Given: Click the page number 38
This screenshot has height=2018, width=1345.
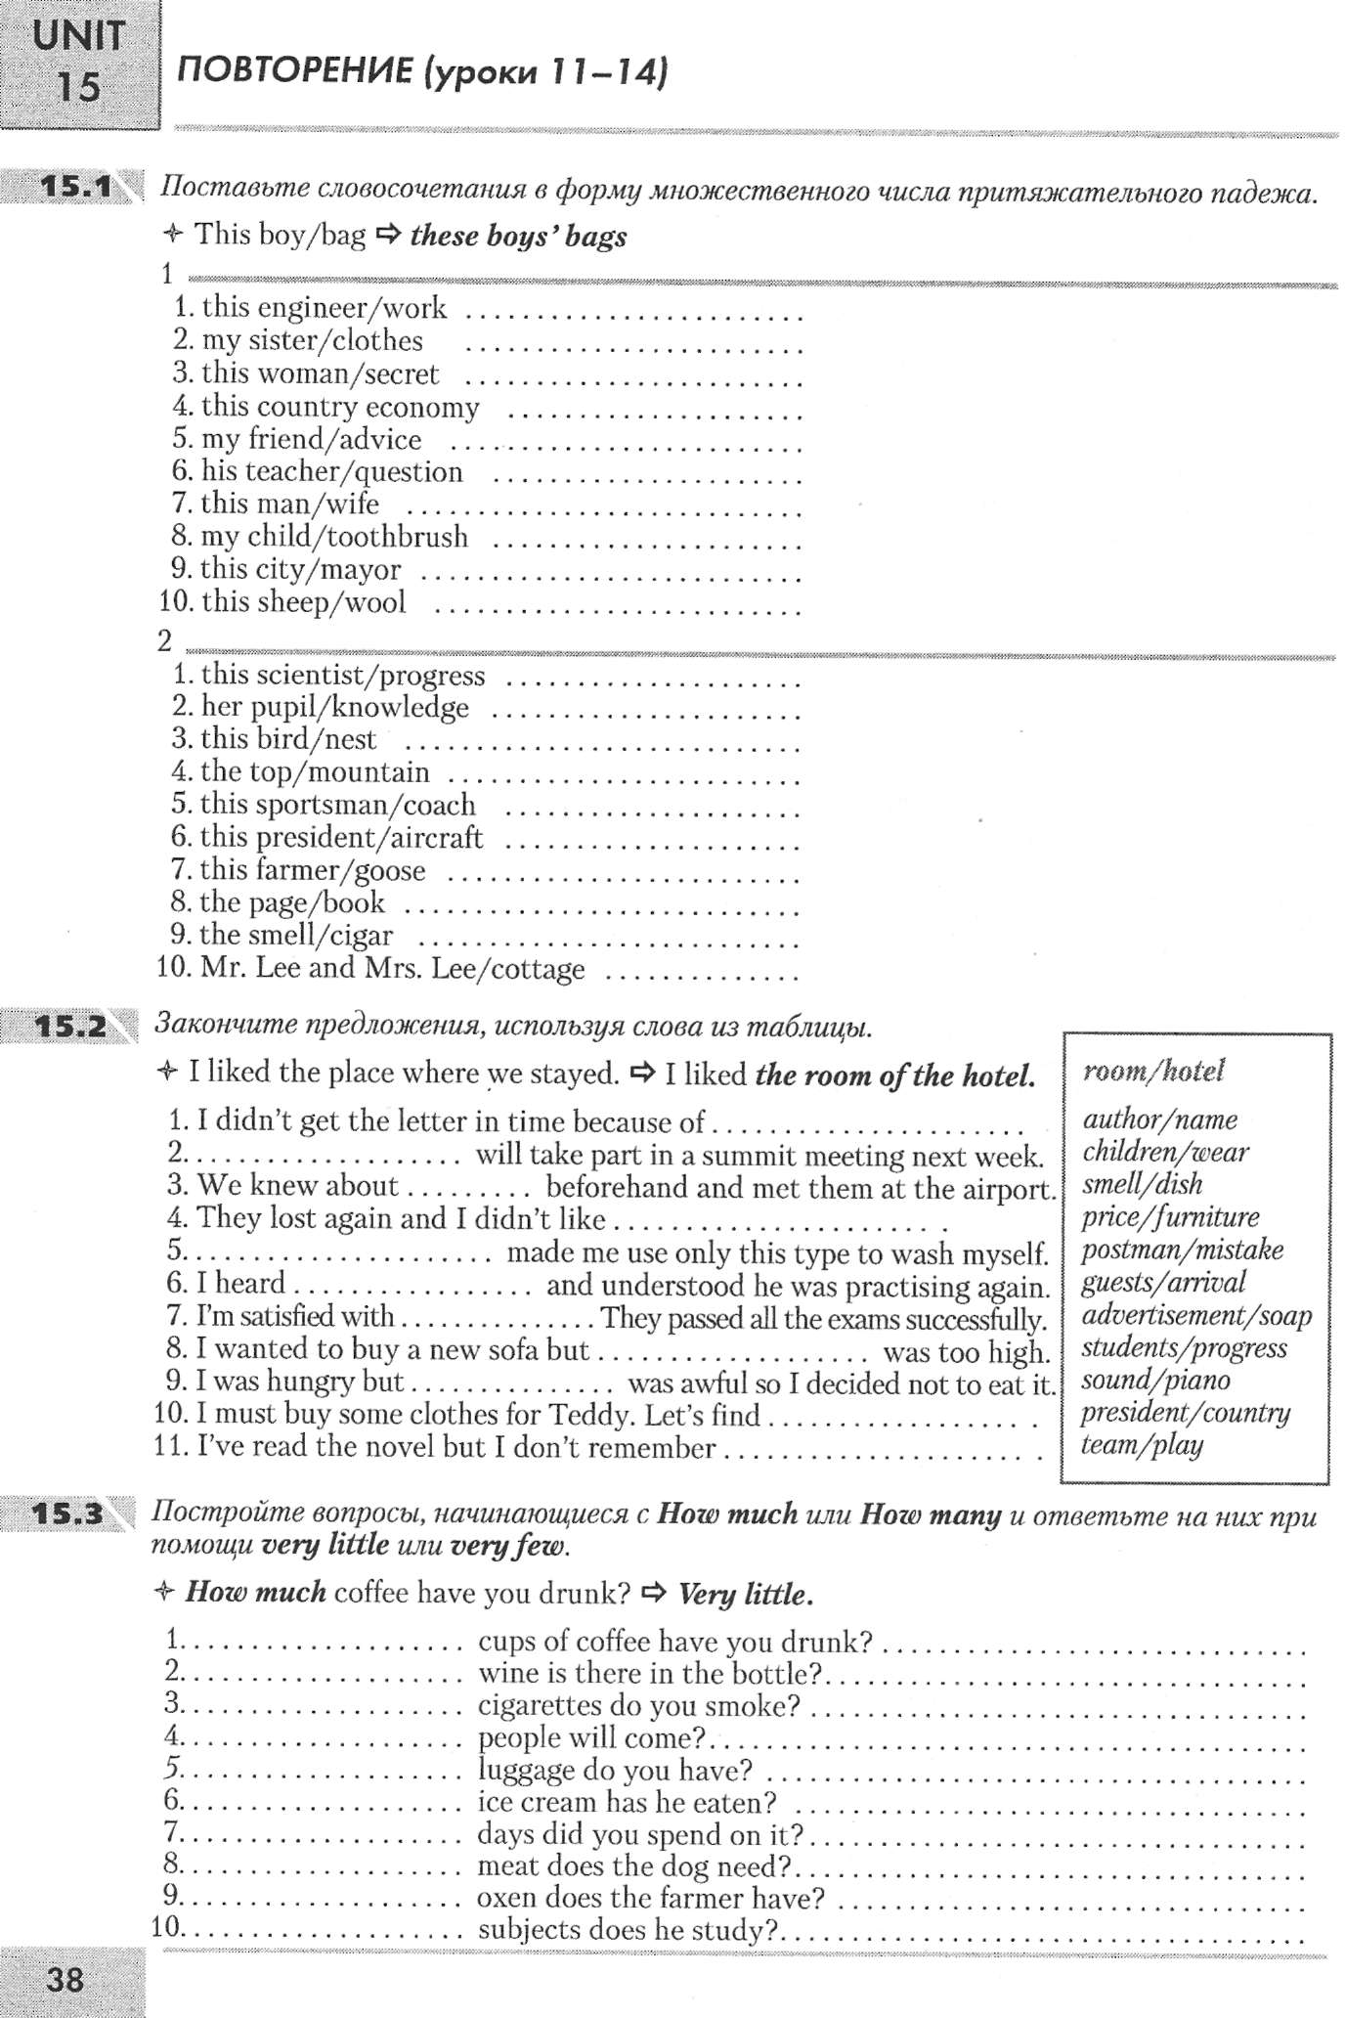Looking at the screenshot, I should [65, 1980].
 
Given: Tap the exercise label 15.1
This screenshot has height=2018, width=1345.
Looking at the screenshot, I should [77, 185].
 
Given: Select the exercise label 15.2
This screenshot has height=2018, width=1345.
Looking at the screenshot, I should [70, 1027].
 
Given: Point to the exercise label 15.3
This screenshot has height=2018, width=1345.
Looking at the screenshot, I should [67, 1514].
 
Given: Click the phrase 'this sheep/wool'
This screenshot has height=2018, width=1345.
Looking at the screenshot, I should [303, 601].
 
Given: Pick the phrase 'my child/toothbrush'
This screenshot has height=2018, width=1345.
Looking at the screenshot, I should [333, 537].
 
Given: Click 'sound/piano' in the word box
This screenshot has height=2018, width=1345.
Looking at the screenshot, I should [1155, 1381].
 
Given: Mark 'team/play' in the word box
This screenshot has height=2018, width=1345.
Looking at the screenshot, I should [1142, 1445].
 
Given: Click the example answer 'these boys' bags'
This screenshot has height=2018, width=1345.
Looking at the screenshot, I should [518, 236].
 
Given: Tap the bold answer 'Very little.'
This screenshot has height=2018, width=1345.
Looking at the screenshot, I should [746, 1595].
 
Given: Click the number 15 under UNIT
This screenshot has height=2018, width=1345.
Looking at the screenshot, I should [78, 87].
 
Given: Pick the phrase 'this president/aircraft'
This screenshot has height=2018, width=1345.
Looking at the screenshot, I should [341, 837].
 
